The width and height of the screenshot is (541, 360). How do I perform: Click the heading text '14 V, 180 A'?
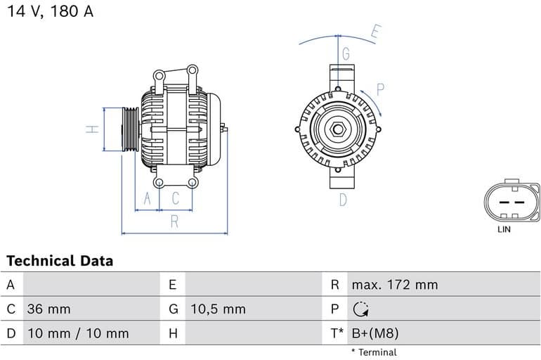pos(50,12)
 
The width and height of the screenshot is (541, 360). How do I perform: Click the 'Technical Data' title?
pos(60,261)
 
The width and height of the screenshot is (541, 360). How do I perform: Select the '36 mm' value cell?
pos(48,309)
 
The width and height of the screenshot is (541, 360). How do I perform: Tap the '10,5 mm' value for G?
pos(218,309)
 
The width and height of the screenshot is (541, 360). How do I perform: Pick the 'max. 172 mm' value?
pos(394,285)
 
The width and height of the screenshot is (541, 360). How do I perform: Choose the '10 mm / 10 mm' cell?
pos(77,333)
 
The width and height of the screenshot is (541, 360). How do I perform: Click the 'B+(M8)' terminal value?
pos(374,333)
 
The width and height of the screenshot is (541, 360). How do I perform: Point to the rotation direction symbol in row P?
pos(360,309)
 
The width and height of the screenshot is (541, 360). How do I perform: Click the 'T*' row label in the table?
pos(337,333)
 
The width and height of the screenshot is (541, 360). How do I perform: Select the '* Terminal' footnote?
pos(373,352)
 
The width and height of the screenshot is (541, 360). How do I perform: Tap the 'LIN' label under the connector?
pos(504,229)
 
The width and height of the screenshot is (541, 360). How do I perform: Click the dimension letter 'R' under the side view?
pos(174,222)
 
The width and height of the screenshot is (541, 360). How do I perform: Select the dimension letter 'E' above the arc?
pos(376,32)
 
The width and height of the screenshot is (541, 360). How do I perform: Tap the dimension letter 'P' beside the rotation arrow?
pos(380,89)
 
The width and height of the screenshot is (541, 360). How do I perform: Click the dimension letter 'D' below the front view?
pos(343,200)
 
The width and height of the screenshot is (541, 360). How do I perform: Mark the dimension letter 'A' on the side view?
pos(147,200)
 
